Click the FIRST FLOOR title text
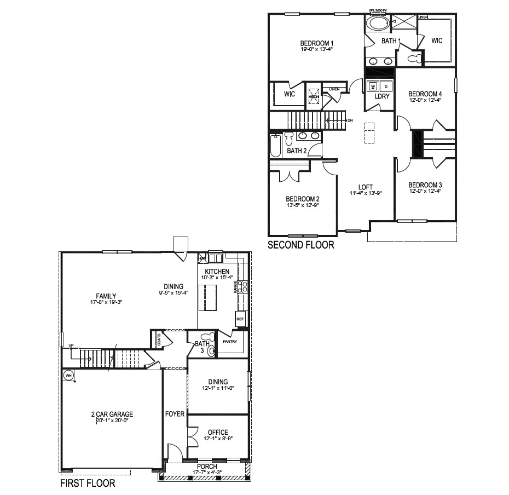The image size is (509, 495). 87,484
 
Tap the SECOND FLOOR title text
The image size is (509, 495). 300,245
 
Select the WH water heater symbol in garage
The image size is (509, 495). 68,376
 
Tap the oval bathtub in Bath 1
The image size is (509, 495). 377,24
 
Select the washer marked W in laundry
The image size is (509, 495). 373,87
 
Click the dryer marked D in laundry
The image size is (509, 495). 386,87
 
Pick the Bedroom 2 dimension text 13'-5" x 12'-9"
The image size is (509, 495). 302,205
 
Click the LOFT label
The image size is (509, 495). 365,186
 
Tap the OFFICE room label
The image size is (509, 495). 218,433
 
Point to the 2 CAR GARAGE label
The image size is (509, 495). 112,414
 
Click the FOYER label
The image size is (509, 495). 175,414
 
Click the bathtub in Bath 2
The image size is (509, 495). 275,146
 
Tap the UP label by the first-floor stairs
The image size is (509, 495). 71,345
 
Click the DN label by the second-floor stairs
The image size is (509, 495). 350,119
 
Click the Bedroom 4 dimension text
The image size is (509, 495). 425,100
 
